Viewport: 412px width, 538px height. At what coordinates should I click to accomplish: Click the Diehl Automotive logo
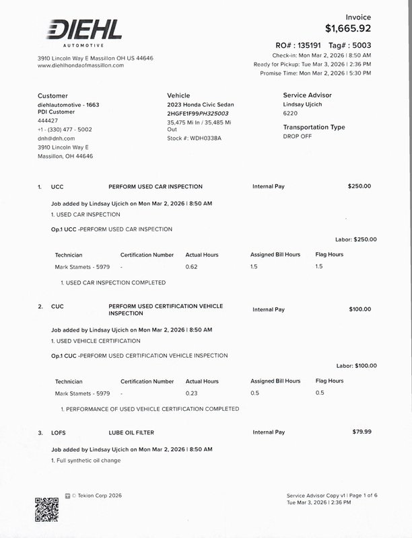(84, 32)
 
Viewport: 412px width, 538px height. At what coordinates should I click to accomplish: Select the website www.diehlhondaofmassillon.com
(81, 65)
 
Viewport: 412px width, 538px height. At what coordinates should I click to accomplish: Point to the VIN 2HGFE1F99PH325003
(198, 114)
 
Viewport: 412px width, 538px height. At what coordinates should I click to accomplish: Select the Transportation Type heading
(314, 127)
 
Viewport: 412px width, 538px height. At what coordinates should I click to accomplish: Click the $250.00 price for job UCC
(359, 186)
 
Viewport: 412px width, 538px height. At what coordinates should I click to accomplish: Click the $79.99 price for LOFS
(362, 432)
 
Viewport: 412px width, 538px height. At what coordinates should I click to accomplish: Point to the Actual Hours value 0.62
(191, 267)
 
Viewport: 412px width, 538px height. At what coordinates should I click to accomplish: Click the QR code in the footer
(47, 509)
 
